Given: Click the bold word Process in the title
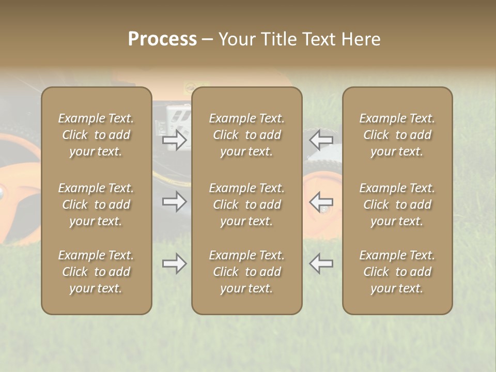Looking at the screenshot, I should [x=162, y=39].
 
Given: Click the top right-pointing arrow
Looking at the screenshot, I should [x=175, y=140].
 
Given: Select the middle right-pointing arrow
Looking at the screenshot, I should [x=175, y=202].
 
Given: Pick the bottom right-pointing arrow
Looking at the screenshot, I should [x=175, y=263].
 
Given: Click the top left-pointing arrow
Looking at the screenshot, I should [x=321, y=140].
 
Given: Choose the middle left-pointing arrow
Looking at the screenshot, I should [x=321, y=202].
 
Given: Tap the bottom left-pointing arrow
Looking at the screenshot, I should [x=321, y=263].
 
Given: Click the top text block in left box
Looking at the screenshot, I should [x=96, y=135].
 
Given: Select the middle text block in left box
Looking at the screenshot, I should [x=96, y=205].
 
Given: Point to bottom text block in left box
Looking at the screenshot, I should [x=96, y=272].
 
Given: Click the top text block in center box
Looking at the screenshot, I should [x=247, y=135].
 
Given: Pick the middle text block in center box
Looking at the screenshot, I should [x=247, y=205].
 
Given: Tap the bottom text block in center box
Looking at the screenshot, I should [x=247, y=272].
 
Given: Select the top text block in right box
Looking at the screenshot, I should [x=397, y=135].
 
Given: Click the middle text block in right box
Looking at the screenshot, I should [x=397, y=205].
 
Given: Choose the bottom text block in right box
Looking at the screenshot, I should [x=397, y=272].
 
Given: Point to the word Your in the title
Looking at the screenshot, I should [x=237, y=39].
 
